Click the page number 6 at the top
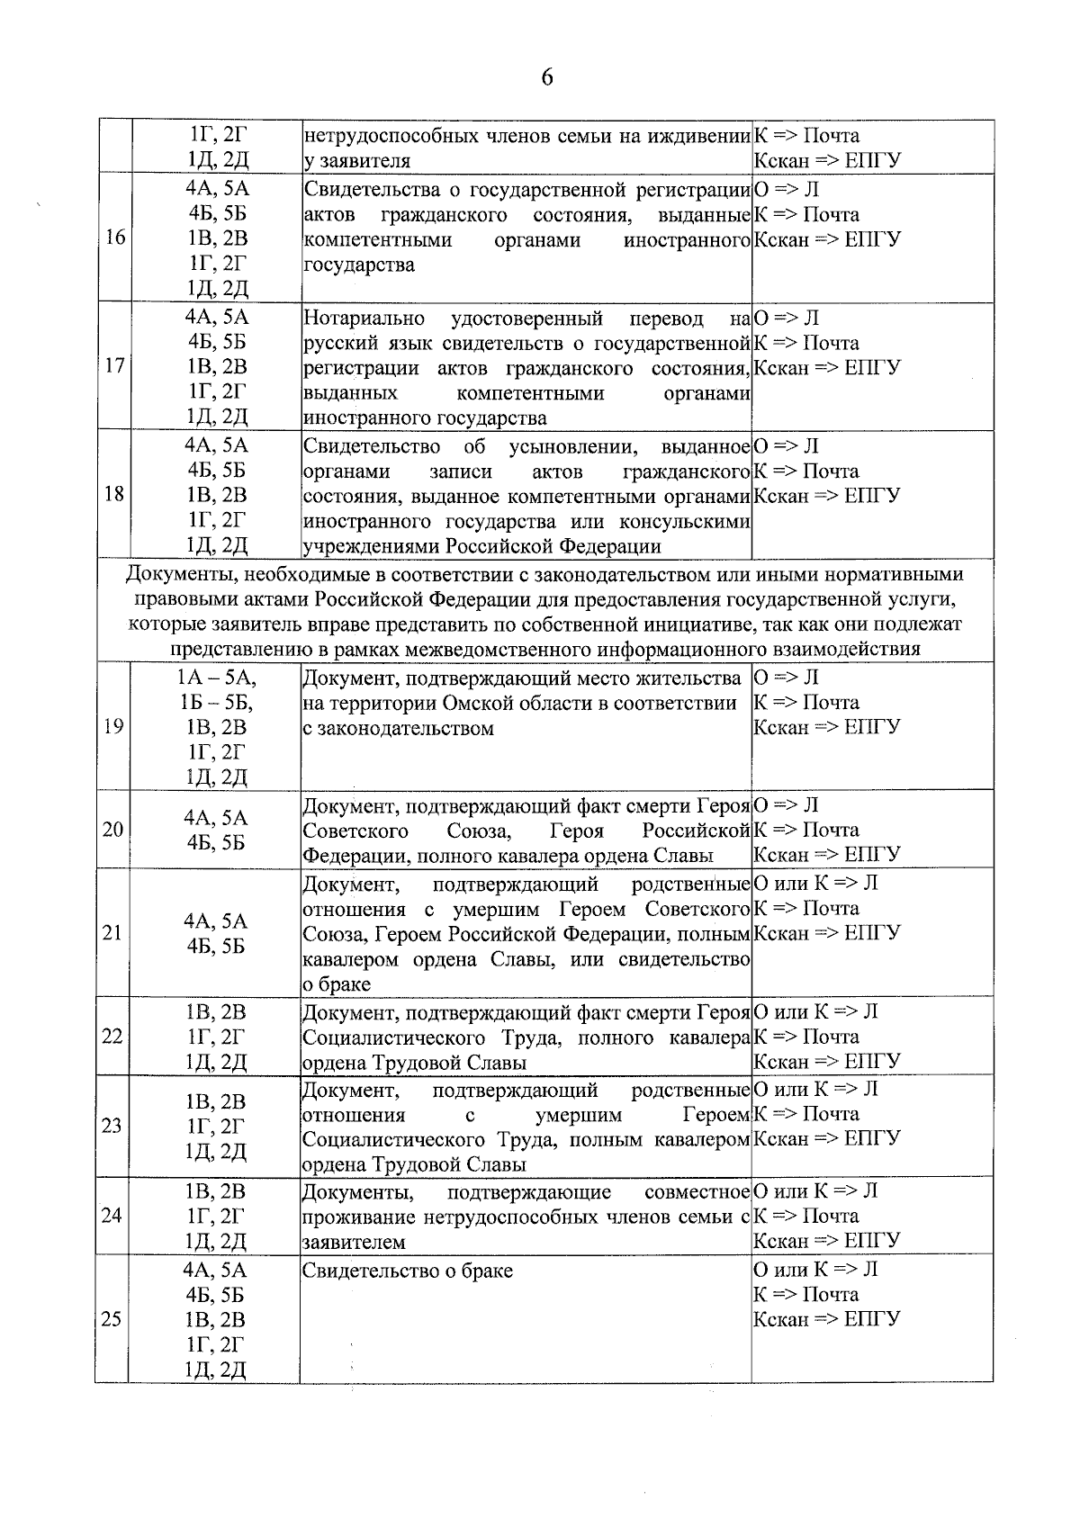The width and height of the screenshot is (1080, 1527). (x=546, y=77)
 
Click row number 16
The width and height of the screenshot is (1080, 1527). (x=113, y=238)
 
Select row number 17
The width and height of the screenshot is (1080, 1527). (x=113, y=366)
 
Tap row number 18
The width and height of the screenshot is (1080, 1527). (x=113, y=494)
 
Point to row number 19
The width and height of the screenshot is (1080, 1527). (x=113, y=726)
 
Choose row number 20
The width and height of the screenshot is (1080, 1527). (x=112, y=830)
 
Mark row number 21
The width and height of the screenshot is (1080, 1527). (x=112, y=932)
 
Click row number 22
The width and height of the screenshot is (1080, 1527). (x=112, y=1036)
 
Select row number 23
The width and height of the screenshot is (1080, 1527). (x=112, y=1126)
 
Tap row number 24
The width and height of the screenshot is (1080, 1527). (x=112, y=1216)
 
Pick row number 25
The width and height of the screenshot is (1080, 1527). (x=112, y=1319)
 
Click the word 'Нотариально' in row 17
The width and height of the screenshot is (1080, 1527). (x=364, y=319)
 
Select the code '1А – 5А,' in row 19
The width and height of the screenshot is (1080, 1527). (x=216, y=678)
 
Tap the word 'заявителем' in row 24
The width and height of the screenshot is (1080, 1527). (x=354, y=1243)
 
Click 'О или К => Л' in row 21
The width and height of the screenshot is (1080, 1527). (x=814, y=884)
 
